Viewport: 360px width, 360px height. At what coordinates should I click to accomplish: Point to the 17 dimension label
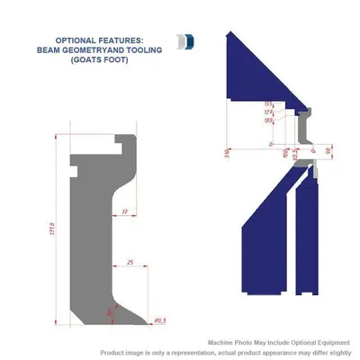[124, 211]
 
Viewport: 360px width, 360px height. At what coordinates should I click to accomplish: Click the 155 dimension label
[268, 103]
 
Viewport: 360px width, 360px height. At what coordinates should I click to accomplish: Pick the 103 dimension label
[268, 119]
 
